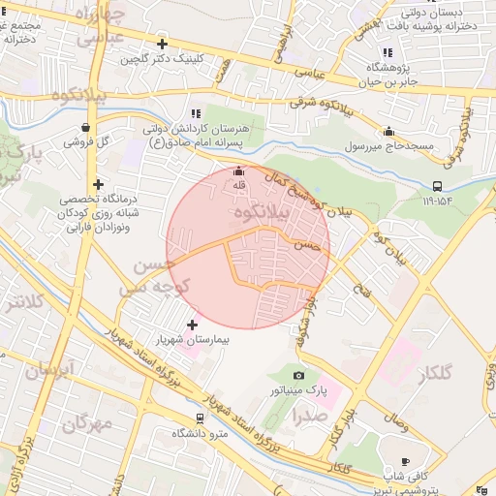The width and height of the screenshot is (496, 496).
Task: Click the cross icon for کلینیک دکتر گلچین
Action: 162,44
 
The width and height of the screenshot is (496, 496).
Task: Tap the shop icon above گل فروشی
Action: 87,127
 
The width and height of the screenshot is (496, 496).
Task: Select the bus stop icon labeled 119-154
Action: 438,186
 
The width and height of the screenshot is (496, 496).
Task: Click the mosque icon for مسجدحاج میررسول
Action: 389,132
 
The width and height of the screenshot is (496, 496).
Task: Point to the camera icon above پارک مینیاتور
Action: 298,375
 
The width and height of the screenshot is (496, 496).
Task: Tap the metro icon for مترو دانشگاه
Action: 200,418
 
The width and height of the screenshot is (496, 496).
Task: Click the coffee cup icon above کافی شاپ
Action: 405,461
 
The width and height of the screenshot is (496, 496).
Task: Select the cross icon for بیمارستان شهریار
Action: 191,325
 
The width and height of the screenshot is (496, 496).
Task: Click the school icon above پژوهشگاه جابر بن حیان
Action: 387,51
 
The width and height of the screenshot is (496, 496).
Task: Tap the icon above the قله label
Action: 238,171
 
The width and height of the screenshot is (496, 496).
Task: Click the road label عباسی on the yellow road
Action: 309,72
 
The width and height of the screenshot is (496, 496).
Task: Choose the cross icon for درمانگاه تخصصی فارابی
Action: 98,184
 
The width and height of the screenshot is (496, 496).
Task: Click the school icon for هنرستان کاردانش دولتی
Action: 197,113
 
